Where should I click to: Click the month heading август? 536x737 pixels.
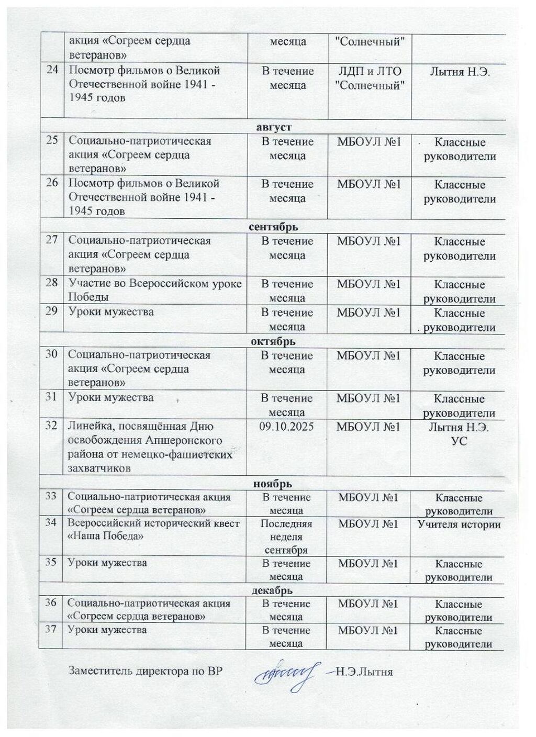tap(274, 127)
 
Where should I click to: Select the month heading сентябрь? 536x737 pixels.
tap(273, 227)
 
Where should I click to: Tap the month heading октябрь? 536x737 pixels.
tap(273, 341)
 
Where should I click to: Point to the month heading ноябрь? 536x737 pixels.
tap(273, 484)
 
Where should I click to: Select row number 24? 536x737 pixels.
tap(52, 71)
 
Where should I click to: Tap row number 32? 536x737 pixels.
tap(51, 426)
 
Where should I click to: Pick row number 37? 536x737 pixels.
tap(51, 630)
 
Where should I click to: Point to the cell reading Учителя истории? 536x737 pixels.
tap(459, 524)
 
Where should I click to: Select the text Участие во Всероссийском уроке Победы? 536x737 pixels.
tap(155, 290)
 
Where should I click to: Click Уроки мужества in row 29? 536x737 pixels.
tap(111, 312)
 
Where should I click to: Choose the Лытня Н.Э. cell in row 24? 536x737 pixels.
tap(460, 72)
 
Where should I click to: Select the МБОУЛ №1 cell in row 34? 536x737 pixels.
tap(368, 524)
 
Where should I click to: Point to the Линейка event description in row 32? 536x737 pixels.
tap(150, 448)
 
